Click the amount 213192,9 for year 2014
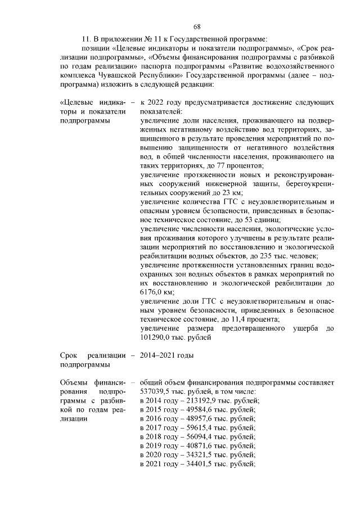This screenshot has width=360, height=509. (196, 400)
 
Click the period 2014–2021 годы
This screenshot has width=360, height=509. (167, 355)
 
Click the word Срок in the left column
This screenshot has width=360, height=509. (69, 355)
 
